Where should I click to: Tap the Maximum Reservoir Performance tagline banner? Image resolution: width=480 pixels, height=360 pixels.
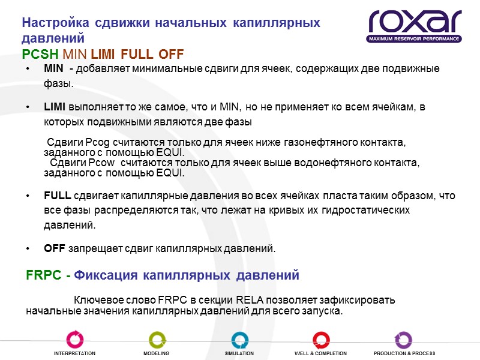415,39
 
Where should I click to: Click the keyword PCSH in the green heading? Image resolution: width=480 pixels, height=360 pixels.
40,53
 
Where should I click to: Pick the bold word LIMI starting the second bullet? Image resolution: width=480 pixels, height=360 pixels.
55,107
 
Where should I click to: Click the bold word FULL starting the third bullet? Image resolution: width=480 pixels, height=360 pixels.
58,196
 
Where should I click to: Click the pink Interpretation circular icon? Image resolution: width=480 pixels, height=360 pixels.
74,339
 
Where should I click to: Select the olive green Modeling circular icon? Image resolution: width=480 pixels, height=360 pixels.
157,339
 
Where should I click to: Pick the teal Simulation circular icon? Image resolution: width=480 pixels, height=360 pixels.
239,339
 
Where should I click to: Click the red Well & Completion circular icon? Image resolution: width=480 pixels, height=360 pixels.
321,339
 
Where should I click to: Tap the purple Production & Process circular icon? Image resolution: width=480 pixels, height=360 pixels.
403,339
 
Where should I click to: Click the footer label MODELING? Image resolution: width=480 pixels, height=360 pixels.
156,354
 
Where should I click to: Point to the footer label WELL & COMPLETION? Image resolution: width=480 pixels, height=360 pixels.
320,354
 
